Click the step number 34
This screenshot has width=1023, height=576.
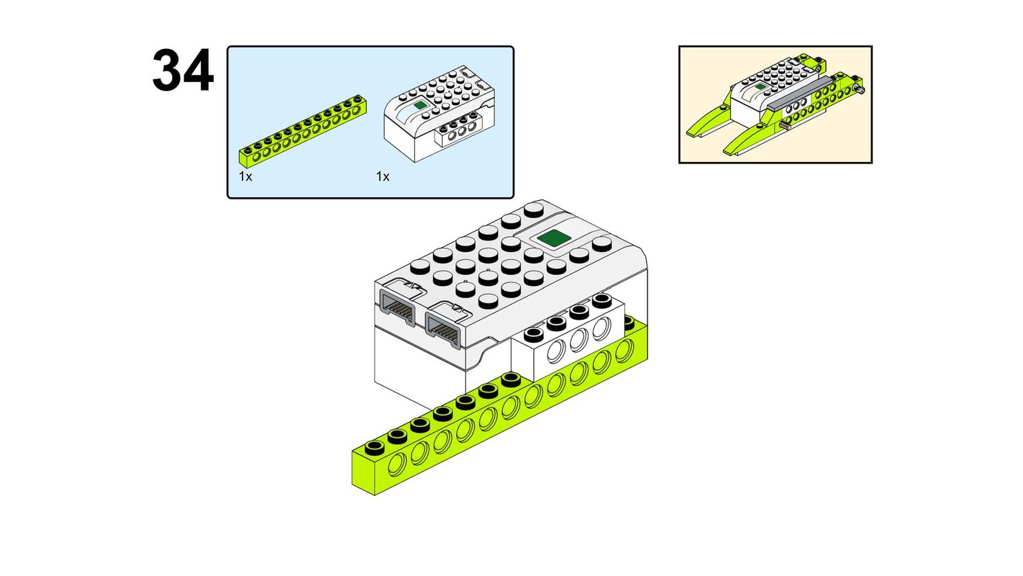(x=183, y=70)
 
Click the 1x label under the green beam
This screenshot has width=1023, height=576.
(x=245, y=176)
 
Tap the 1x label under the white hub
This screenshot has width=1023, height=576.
(x=383, y=176)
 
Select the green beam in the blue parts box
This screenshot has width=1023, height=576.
(x=302, y=131)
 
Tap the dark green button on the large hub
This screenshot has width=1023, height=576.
(x=554, y=238)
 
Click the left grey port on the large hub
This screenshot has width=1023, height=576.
(x=397, y=308)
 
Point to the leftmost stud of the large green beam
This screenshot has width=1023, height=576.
(x=375, y=446)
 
